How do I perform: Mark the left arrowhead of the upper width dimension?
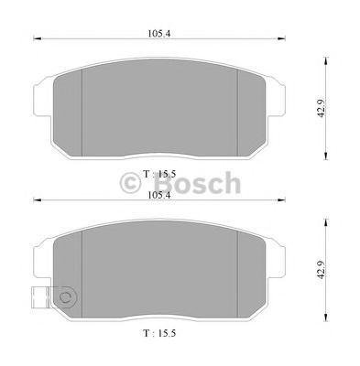point(37,40)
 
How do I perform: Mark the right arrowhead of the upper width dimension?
point(281,40)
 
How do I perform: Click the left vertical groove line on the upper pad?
point(83,109)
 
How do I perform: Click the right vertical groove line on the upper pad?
point(237,109)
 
